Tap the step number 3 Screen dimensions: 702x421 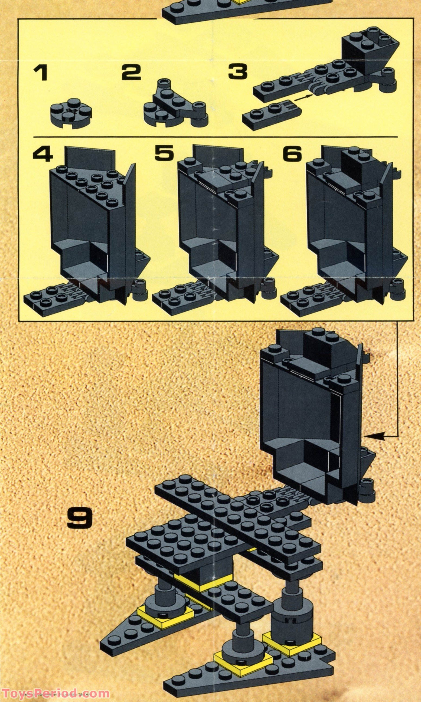[238, 72]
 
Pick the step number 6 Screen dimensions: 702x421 [292, 154]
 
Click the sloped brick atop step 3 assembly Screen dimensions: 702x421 [369, 51]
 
